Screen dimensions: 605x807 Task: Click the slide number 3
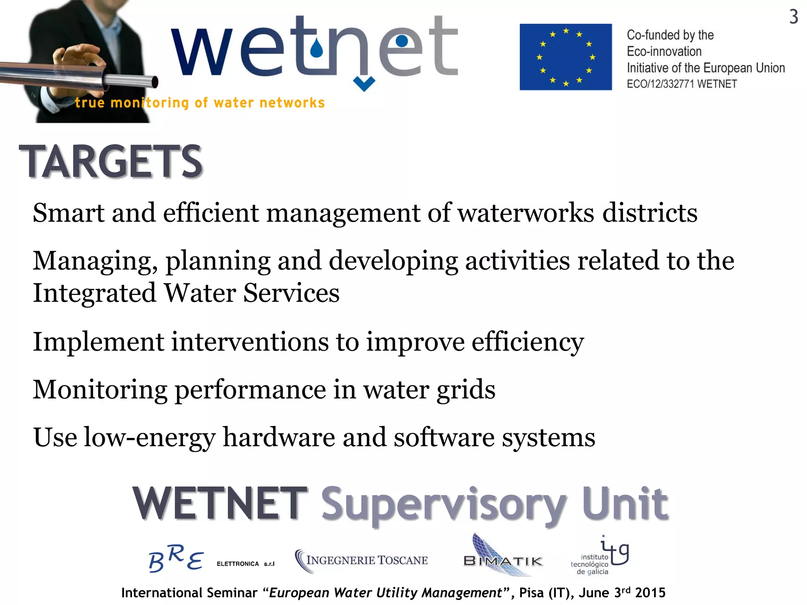(794, 17)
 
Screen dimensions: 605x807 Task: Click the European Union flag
(565, 57)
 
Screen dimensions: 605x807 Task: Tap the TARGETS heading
(111, 161)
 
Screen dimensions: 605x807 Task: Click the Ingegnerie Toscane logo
(361, 560)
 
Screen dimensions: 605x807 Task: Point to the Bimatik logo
(503, 559)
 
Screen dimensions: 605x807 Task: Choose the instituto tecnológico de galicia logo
(599, 556)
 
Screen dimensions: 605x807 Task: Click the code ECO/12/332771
(660, 84)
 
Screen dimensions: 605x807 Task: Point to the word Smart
(69, 213)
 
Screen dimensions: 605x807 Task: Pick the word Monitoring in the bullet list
(100, 390)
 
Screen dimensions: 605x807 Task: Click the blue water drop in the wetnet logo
(316, 50)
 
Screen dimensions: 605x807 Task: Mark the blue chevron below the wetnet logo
(364, 84)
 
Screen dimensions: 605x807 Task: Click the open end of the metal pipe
(155, 82)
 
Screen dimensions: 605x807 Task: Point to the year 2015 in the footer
(650, 592)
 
